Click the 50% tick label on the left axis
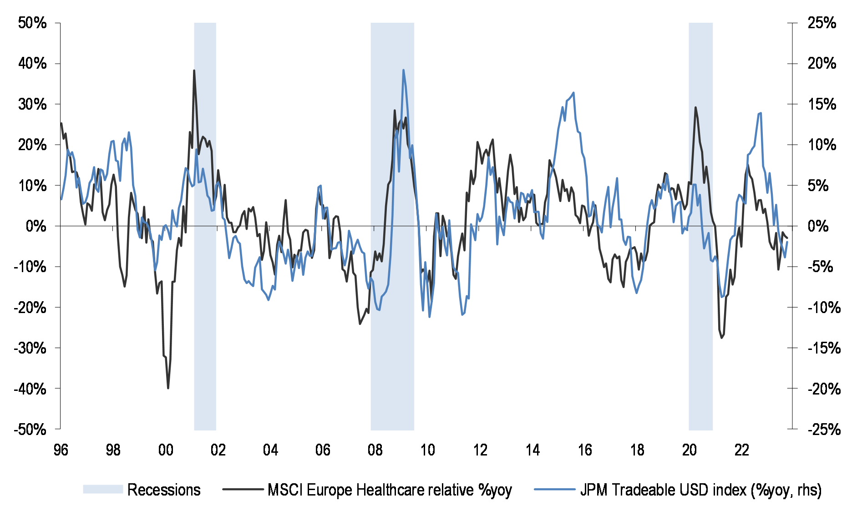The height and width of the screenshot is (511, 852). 32,23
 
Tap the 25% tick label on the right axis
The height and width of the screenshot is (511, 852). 822,23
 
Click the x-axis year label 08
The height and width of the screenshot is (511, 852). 375,450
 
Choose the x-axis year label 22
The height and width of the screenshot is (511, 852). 742,450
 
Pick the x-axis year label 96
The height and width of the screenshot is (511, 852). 61,450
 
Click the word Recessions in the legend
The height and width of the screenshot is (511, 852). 164,490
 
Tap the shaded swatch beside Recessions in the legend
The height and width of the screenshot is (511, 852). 103,490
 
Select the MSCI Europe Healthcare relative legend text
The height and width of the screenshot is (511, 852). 390,490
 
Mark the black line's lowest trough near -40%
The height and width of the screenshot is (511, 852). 168,388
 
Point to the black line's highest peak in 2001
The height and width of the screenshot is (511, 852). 194,71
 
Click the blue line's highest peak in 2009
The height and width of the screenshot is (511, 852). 403,70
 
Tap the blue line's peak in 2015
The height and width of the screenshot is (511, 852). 573,93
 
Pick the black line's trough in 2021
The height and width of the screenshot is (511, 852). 721,338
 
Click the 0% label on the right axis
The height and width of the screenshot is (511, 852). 818,226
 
